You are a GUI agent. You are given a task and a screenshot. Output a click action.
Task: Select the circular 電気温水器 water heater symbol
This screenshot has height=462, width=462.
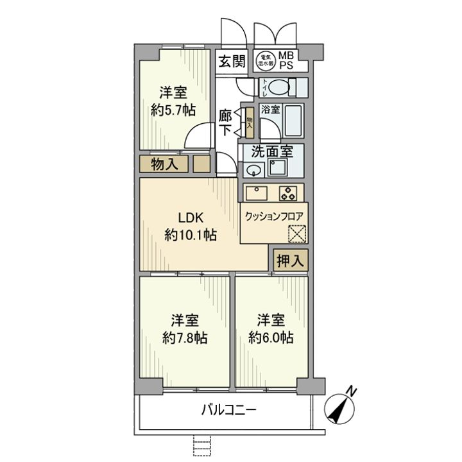[x=266, y=61]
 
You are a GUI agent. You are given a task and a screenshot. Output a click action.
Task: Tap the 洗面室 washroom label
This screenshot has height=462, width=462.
[x=272, y=152]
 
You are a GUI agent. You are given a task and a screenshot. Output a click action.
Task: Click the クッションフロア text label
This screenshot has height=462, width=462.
[x=274, y=215]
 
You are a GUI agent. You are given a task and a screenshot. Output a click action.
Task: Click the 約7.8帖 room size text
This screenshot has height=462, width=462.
[x=184, y=338]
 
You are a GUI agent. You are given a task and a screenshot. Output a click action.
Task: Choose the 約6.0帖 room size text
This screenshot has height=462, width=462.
[x=271, y=338]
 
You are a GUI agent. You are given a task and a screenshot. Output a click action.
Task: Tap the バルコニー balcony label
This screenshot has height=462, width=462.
[x=229, y=409]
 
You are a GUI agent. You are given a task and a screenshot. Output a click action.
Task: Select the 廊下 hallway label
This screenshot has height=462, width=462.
[x=226, y=123]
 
